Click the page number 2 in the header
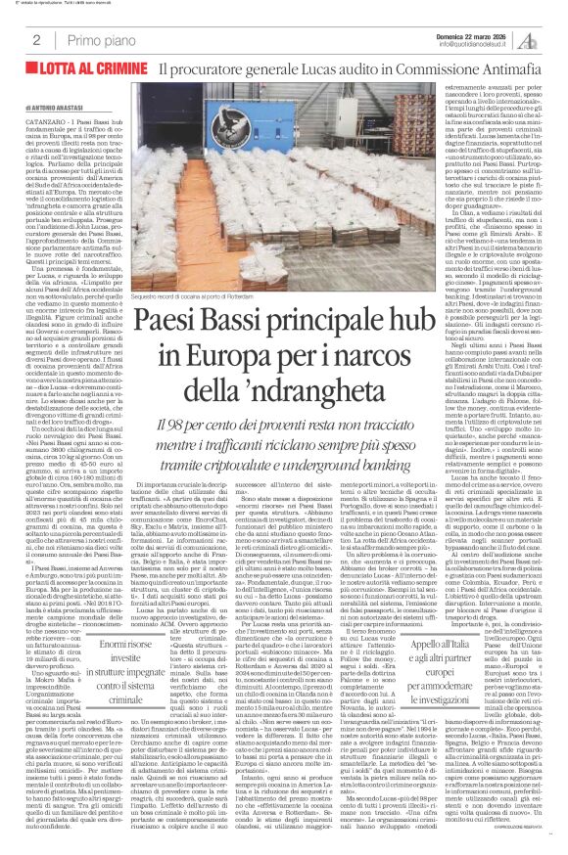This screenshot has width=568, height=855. click(35, 39)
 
